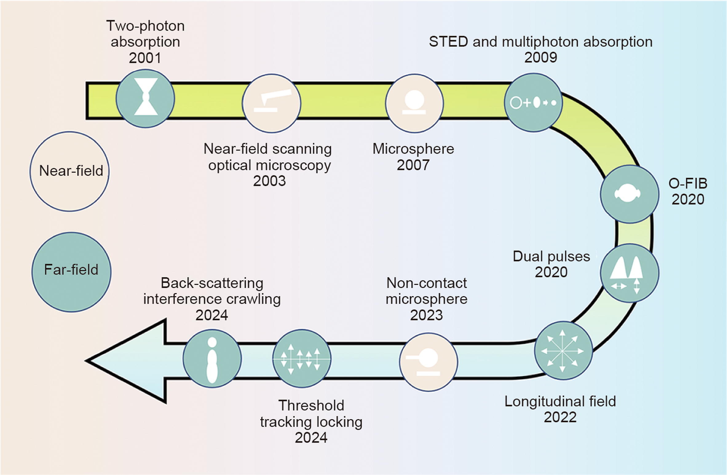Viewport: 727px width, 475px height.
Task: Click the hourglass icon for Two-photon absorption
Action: click(x=145, y=98)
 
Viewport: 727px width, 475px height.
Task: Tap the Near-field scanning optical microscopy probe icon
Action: click(x=271, y=104)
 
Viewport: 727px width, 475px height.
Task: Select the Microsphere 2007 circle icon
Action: click(x=414, y=103)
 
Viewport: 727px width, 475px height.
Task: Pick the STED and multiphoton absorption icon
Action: click(x=533, y=103)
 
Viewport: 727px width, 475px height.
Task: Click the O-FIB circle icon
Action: click(x=630, y=194)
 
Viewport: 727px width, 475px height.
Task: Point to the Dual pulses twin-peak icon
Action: click(x=629, y=273)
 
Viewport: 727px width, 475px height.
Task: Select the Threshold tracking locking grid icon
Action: click(x=302, y=358)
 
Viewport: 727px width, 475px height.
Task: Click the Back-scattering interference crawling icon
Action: click(x=212, y=358)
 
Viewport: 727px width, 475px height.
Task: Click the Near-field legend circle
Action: click(x=70, y=171)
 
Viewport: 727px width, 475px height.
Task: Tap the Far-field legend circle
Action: click(x=71, y=272)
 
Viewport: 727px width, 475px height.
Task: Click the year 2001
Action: click(x=145, y=58)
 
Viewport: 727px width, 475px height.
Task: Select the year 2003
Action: click(x=269, y=181)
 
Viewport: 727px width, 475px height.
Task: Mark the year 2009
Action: click(x=540, y=57)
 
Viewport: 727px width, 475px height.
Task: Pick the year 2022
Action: click(x=560, y=417)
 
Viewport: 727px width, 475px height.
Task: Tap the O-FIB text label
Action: click(x=688, y=184)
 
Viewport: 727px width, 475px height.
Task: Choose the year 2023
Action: click(x=426, y=315)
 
